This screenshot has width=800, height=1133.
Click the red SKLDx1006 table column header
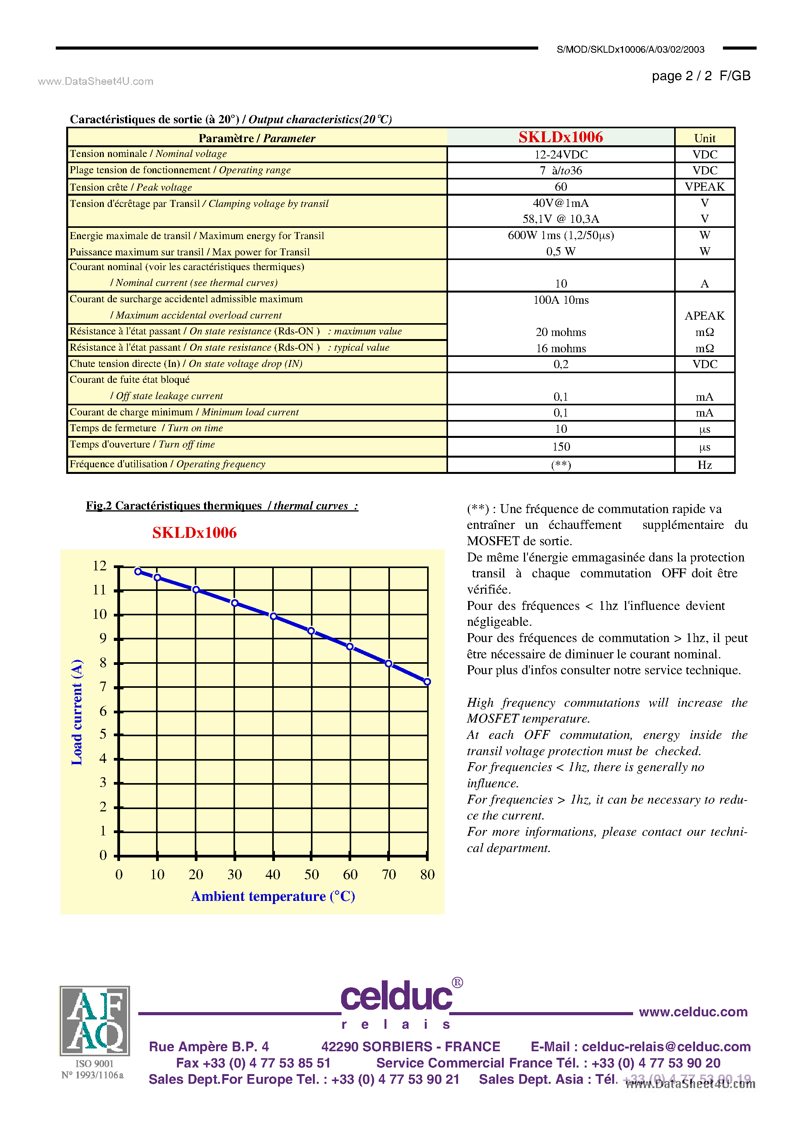coord(560,137)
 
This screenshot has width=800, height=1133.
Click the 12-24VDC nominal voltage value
coord(561,155)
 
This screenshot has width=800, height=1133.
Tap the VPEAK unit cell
coord(704,186)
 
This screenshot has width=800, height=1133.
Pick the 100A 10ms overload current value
coord(561,300)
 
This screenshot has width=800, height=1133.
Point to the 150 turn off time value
coord(561,447)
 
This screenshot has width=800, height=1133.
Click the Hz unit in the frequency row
coord(704,465)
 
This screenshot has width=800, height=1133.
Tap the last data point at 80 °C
coord(427,682)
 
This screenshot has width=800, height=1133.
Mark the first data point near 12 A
coord(138,572)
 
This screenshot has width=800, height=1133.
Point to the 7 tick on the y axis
coord(103,687)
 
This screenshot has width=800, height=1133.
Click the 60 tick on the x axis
coord(350,875)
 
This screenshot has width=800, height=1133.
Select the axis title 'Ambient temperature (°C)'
coord(273,897)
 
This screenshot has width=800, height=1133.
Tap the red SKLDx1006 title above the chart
coord(194,533)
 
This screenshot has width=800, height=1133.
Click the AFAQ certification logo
coord(95,1021)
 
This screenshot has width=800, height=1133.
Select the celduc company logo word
coord(396,997)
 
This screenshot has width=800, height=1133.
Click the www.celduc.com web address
coord(693,1012)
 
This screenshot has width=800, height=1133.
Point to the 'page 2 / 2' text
coord(682,76)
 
